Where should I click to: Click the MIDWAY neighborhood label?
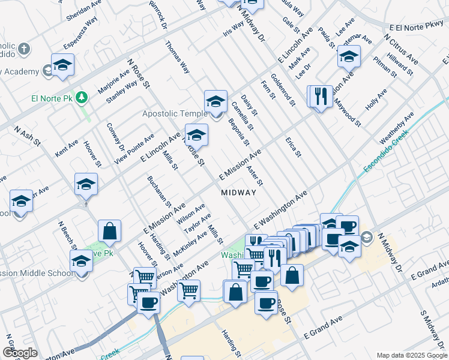[x=238, y=193]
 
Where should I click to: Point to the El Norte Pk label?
[x=52, y=98]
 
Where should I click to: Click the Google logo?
[x=19, y=353]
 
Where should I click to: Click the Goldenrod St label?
[x=282, y=89]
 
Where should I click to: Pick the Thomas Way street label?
[x=178, y=57]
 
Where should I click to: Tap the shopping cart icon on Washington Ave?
[x=189, y=291]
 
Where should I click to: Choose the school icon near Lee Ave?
[x=348, y=56]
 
